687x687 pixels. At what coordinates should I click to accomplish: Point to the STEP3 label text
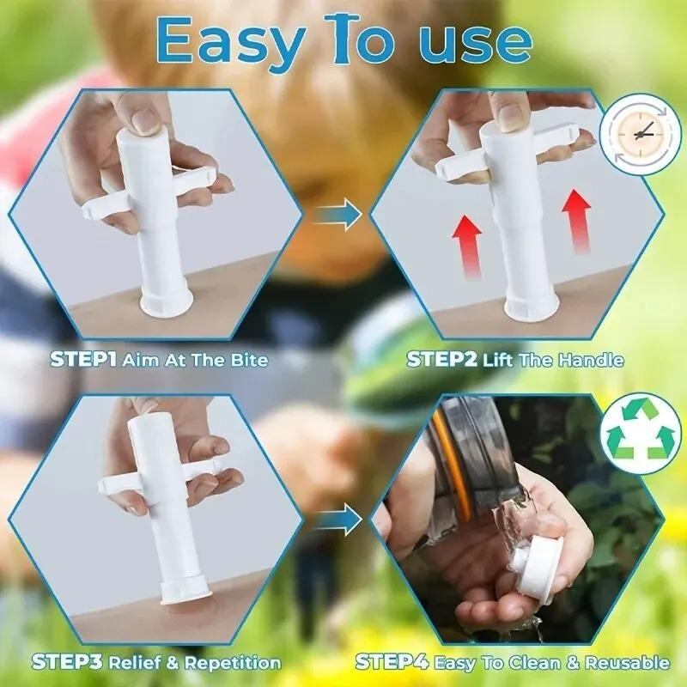click(69, 662)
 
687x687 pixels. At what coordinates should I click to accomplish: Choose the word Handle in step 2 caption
click(588, 359)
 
